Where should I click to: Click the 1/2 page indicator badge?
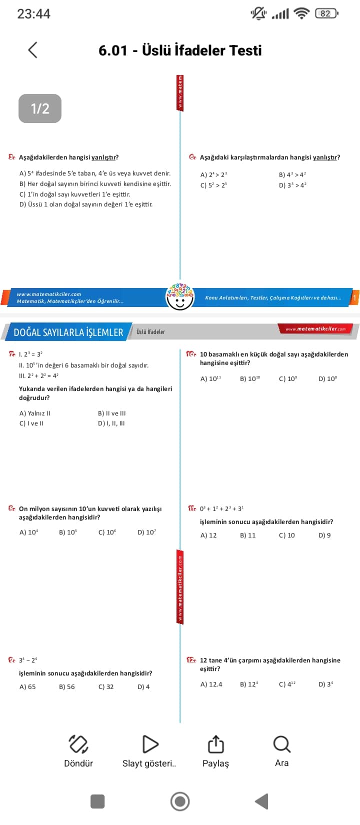tap(40, 108)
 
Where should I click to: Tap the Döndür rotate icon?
tap(78, 744)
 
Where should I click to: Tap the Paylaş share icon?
tap(215, 744)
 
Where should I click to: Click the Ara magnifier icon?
tap(281, 744)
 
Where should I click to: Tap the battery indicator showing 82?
tap(326, 13)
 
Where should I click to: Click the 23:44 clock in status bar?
tap(33, 14)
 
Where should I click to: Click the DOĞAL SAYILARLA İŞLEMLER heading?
tap(68, 332)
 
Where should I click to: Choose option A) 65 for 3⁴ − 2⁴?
tap(27, 687)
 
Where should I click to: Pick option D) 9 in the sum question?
tap(324, 535)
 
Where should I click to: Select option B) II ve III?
tap(112, 413)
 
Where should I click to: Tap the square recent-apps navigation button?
tap(97, 801)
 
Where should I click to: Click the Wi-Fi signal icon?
tap(301, 13)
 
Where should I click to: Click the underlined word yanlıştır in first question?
tap(104, 157)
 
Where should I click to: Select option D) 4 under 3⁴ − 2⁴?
tap(143, 687)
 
